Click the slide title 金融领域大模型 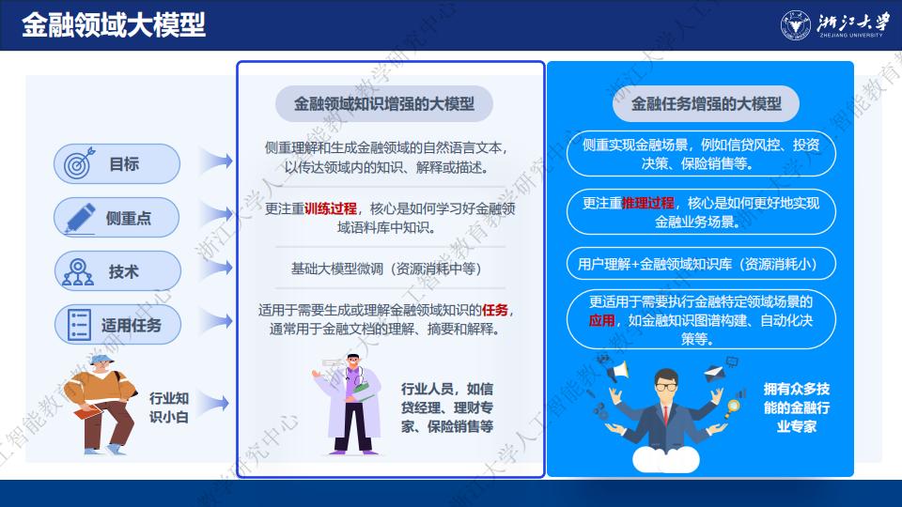114,25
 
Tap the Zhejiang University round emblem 796,25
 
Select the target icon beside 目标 79,163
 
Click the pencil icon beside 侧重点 79,218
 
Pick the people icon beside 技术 78,272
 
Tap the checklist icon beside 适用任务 79,325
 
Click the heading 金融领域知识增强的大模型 384,103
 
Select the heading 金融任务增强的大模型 706,103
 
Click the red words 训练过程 330,208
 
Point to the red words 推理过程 647,203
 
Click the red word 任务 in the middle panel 495,311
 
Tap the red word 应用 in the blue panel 601,320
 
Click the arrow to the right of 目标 216,161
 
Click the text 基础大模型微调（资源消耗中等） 386,269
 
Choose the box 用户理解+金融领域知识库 701,263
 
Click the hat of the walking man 101,360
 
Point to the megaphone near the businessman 616,370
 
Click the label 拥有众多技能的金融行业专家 797,407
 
